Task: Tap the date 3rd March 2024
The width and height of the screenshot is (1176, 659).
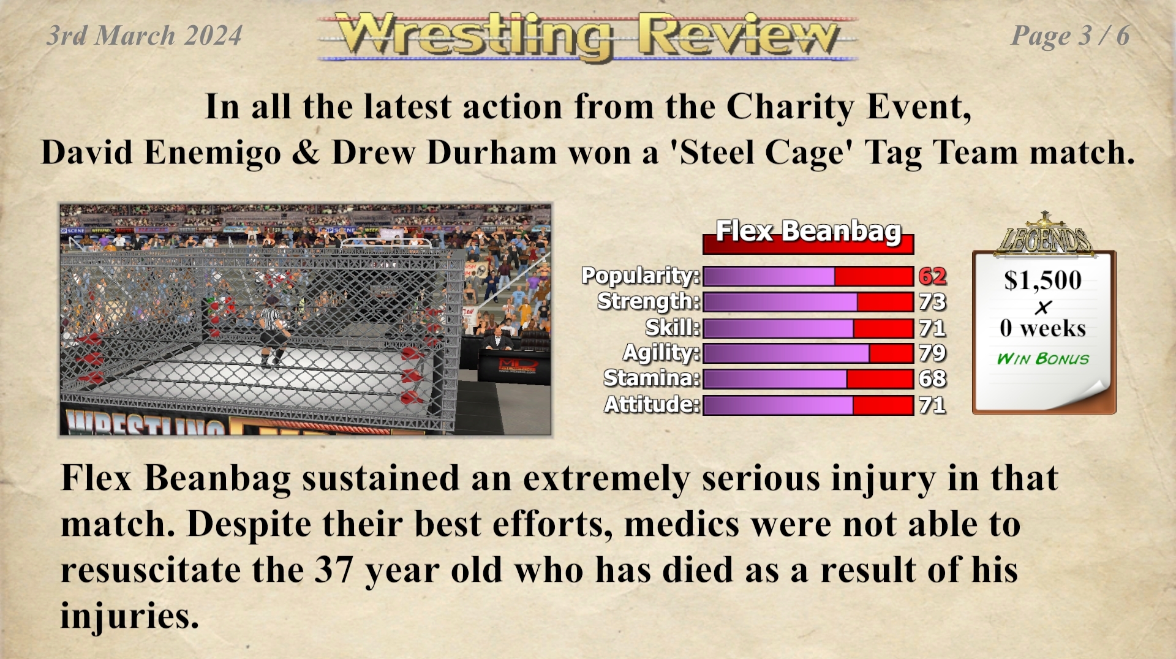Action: click(x=145, y=36)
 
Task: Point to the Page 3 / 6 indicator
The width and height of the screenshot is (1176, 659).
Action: click(x=1070, y=36)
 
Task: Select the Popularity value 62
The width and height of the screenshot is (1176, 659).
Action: click(x=932, y=276)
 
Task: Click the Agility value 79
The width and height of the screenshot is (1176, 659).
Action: click(x=932, y=353)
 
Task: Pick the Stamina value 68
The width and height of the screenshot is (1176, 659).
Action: click(x=932, y=379)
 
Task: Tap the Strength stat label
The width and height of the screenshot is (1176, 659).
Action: click(x=649, y=301)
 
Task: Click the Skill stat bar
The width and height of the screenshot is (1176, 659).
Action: click(x=808, y=328)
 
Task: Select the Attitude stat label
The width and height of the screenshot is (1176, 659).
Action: click(x=652, y=405)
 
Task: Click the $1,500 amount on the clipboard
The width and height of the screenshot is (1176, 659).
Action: click(x=1042, y=281)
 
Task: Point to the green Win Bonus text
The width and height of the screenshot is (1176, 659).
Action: click(x=1042, y=359)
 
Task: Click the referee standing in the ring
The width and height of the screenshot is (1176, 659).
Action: click(x=273, y=331)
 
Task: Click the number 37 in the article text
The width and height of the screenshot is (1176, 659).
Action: click(x=334, y=570)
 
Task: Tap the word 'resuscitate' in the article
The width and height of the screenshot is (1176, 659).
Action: click(x=151, y=570)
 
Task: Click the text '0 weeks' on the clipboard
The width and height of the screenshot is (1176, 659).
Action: click(x=1042, y=329)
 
